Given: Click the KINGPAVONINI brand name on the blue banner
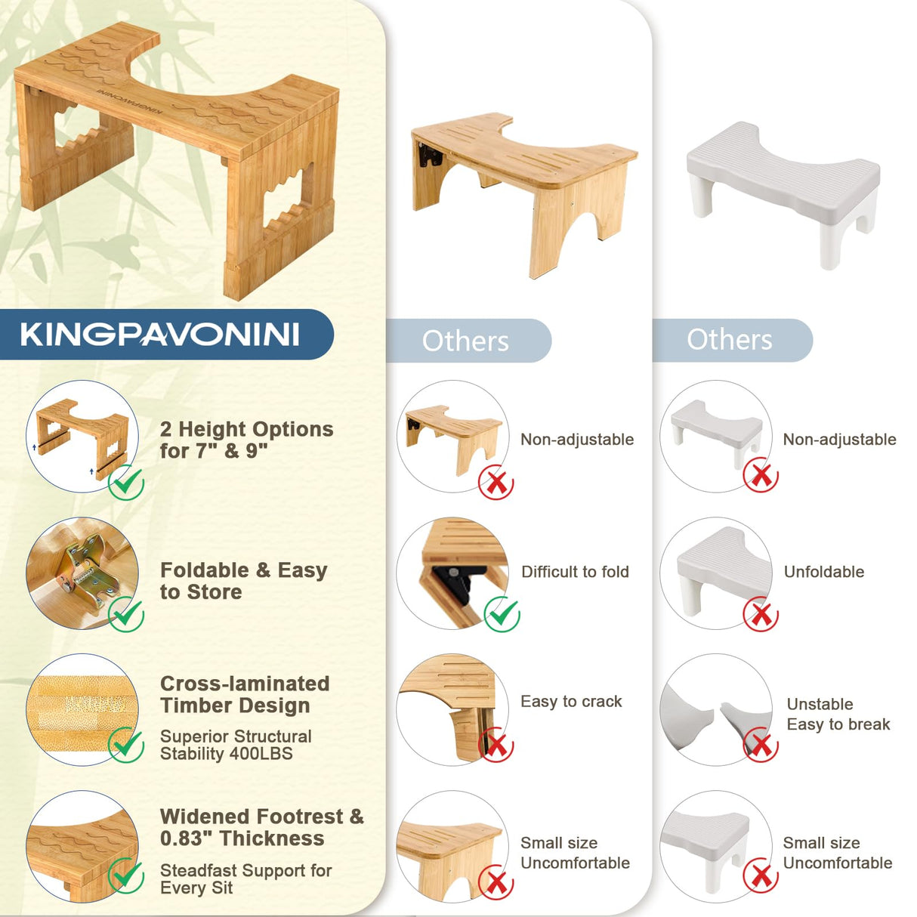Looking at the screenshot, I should [159, 335].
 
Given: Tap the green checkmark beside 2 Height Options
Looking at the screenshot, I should [126, 483].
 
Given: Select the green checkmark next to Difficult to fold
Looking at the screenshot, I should [502, 614].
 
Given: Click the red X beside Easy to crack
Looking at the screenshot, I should [496, 746].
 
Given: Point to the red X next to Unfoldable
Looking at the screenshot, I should [761, 615].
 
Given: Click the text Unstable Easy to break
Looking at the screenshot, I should [838, 715].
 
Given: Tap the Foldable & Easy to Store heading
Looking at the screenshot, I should [243, 581].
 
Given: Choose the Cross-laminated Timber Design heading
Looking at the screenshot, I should [245, 694].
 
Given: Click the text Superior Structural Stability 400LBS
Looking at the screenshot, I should [236, 745].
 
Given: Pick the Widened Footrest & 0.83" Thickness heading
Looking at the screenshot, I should [261, 827].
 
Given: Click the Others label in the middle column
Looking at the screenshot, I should [465, 341].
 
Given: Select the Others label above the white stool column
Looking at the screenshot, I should [729, 340].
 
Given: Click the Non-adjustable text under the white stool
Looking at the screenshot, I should [839, 440].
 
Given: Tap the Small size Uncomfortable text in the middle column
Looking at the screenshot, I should [575, 853].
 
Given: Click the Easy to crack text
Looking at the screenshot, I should [571, 702].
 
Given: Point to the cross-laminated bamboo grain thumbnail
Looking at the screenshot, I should [82, 709].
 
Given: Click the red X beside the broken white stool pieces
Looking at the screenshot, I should [761, 746].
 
